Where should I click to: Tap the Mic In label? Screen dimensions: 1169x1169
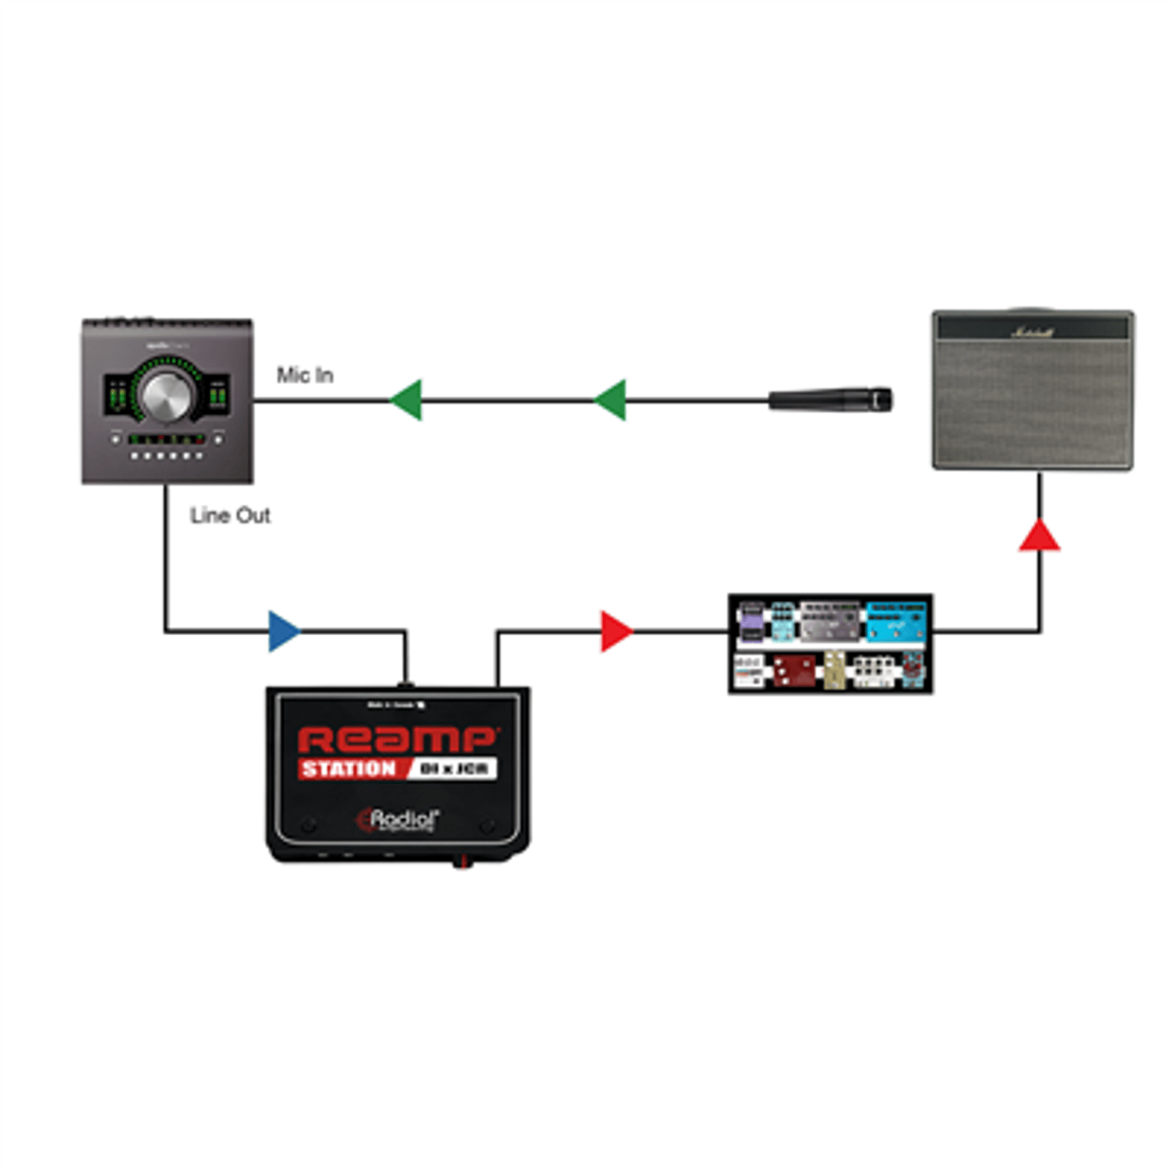tap(305, 376)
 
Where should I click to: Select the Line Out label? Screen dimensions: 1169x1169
tap(230, 516)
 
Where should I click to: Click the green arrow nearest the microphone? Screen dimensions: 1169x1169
tap(611, 400)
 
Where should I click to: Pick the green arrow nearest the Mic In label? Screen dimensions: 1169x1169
tap(407, 400)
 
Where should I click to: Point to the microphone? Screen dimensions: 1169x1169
tap(831, 400)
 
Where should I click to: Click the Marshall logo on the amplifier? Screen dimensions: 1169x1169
tap(1032, 331)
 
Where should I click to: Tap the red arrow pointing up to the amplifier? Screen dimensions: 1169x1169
tap(1039, 536)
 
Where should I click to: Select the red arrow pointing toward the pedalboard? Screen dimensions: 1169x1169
tap(616, 631)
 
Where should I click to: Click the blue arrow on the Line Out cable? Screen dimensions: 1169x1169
tap(283, 631)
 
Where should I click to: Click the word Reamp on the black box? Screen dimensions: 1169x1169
tap(397, 740)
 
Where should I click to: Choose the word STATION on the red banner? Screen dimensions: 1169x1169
tap(349, 769)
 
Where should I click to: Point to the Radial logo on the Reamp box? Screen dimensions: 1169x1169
tap(399, 820)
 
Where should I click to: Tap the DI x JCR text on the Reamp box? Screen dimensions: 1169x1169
tap(454, 769)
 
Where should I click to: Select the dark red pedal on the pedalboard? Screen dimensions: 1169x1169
tap(794, 670)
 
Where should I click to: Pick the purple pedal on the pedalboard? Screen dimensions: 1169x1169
tap(752, 623)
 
